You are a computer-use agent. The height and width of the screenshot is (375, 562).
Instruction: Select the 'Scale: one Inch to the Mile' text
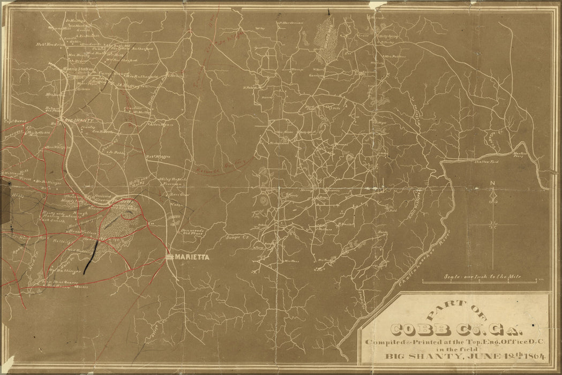tap(482, 277)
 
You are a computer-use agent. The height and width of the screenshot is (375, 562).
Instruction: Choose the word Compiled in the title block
tap(382, 342)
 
